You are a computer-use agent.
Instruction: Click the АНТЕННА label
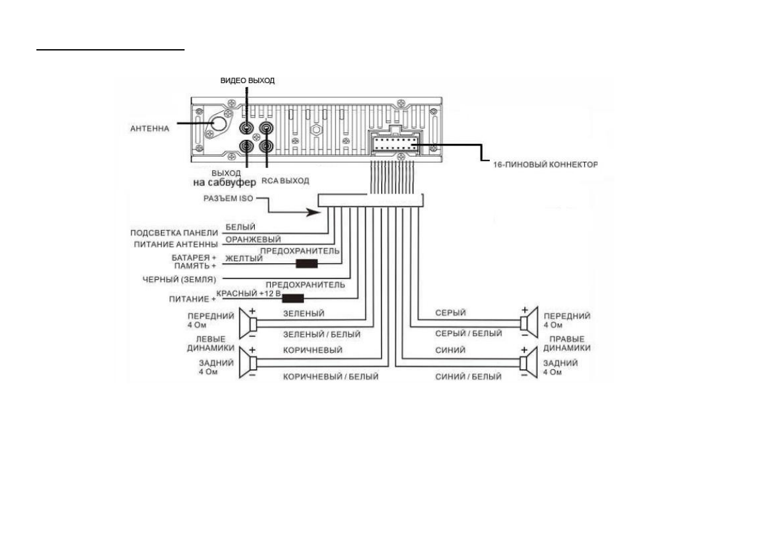pos(149,128)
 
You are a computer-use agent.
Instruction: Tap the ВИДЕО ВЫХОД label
pos(247,80)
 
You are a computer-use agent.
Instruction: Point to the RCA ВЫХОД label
pos(285,181)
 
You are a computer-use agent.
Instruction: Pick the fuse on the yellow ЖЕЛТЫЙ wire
pos(307,263)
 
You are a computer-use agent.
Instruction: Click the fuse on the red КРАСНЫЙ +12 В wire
pos(293,297)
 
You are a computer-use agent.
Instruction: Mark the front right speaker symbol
pos(526,324)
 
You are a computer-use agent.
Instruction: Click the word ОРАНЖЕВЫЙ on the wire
pos(245,240)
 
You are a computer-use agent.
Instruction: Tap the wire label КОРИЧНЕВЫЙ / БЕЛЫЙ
pos(331,377)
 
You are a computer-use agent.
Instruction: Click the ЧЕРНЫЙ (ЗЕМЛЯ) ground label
pos(179,279)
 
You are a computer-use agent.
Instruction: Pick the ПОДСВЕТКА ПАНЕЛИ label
pos(174,232)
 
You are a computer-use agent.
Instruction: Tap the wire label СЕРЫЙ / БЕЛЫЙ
pos(468,333)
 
